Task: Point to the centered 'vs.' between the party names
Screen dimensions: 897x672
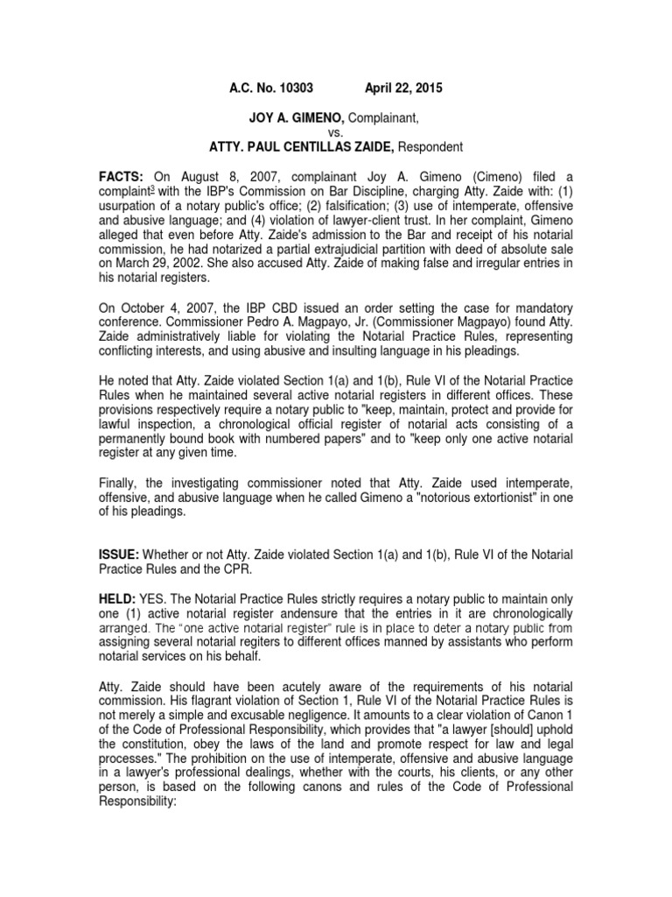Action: tap(336, 131)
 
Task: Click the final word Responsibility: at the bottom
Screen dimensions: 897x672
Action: tap(142, 802)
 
